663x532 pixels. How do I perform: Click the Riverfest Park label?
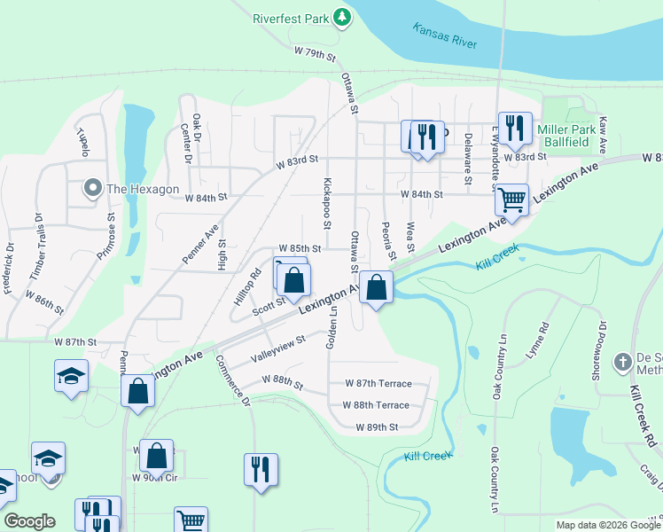click(290, 18)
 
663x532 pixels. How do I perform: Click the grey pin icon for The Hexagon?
click(92, 188)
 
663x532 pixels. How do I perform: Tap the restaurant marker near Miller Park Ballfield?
click(513, 129)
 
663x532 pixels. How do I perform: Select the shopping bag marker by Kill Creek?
click(377, 287)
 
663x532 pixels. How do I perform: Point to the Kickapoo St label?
click(327, 202)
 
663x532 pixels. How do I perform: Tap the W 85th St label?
click(299, 249)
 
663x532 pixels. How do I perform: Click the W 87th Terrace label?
click(378, 383)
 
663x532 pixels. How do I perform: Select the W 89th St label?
click(377, 426)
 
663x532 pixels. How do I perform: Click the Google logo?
click(29, 521)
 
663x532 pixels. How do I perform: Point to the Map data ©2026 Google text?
click(607, 525)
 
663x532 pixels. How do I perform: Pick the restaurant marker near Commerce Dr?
click(261, 470)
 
